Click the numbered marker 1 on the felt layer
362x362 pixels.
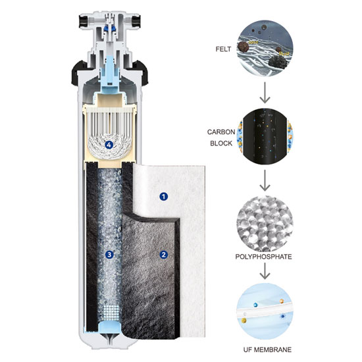point(164,197)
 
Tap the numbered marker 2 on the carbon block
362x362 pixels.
point(164,255)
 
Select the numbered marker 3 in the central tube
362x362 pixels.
point(109,255)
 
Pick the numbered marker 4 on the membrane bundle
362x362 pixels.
point(109,145)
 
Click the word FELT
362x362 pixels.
point(223,49)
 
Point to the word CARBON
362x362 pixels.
point(221,132)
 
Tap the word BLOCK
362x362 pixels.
point(221,143)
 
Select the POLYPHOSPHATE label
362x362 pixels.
point(263,257)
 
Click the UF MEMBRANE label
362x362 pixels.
point(267,349)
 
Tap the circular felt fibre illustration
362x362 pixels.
point(265,49)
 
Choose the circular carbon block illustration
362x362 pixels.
point(265,136)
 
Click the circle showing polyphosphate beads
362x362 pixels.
point(265,224)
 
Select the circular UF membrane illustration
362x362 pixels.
point(265,312)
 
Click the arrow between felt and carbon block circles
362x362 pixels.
point(265,93)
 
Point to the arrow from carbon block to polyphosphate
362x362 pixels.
point(265,180)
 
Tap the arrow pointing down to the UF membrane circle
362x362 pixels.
point(265,271)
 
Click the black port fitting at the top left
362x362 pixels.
point(83,21)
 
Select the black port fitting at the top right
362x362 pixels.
point(136,21)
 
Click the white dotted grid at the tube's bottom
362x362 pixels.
point(110,313)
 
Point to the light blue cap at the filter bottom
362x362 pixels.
point(110,327)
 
